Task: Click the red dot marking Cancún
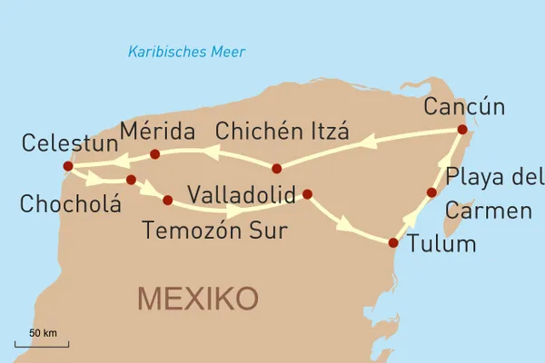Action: click(461, 130)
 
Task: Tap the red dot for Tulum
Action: click(393, 242)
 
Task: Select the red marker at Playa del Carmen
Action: click(432, 192)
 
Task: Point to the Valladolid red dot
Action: click(307, 193)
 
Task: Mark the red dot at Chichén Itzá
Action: click(277, 168)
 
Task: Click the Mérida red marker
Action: click(154, 154)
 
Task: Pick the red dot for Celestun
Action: click(67, 166)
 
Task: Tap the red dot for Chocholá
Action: click(132, 180)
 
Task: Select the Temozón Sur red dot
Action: click(167, 200)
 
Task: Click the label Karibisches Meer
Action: click(185, 51)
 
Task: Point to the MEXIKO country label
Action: click(197, 297)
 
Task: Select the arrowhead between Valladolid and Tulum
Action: click(344, 223)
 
